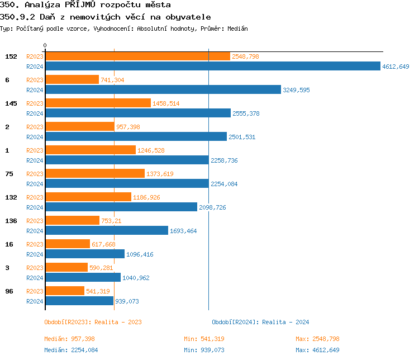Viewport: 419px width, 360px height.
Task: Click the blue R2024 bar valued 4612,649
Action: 212,66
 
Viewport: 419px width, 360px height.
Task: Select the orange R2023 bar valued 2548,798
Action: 137,56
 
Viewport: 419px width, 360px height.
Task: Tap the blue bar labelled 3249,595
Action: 163,89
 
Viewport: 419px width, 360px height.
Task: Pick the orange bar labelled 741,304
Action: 72,79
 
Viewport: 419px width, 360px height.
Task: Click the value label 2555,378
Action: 246,113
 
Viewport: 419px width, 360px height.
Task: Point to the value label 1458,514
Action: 166,103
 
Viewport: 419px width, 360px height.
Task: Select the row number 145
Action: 11,103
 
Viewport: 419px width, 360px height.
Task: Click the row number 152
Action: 11,56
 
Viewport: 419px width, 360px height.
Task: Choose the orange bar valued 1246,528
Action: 90,150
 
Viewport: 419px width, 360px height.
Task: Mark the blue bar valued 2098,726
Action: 121,207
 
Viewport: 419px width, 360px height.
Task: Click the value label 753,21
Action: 111,221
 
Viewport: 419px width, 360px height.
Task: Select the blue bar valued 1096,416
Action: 84,254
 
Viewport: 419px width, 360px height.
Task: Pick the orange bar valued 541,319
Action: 64,291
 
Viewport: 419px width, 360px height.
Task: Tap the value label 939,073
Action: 127,301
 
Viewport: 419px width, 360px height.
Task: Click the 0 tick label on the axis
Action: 45,45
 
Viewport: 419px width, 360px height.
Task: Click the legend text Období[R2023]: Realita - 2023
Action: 93,322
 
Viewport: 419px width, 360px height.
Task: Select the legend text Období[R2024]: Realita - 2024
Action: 260,322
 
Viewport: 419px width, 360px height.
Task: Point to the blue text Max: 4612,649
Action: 317,350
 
